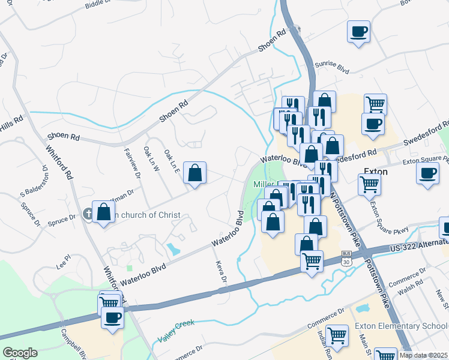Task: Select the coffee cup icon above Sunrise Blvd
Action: coord(359,32)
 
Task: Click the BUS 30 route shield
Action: coord(346,257)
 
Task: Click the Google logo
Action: coord(20,353)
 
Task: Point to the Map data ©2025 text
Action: coord(423,355)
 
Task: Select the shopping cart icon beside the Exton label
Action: coord(369,183)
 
